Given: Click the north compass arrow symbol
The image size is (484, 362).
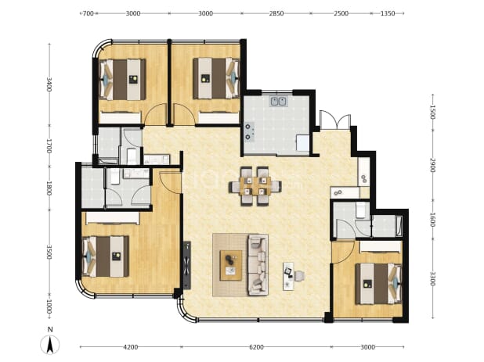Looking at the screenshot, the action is coord(50,344).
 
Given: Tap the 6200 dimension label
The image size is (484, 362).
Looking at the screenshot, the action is coord(256,347).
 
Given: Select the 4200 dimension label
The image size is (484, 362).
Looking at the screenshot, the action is coord(131,347).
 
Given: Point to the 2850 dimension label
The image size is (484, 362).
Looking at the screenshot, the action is coord(276,13).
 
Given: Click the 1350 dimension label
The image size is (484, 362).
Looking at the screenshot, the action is coord(388,13).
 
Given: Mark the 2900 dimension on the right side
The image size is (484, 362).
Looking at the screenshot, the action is coord(432,166).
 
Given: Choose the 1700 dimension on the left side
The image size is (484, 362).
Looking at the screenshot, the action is coord(49,146).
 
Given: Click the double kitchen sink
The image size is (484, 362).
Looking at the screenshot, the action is coord(278,101).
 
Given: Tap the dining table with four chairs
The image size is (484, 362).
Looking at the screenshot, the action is coord(255,186).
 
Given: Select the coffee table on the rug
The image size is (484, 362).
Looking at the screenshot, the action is coord(230,265).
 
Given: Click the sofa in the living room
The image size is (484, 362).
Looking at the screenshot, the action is coord(258,265).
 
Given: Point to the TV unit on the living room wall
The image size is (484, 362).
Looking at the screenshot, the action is coord(187,265).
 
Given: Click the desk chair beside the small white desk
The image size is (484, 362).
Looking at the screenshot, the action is coord(299,275).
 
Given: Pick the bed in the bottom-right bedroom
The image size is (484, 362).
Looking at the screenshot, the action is coord(378,284).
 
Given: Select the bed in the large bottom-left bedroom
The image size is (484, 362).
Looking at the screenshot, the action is coord(105,256).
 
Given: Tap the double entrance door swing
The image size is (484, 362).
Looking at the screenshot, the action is coord(335,120).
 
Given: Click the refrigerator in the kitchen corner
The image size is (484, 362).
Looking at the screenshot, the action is coord(302,143).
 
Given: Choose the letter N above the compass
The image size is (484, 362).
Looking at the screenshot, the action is coord(50,329).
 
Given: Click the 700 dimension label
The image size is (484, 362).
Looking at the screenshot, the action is coord(88,13).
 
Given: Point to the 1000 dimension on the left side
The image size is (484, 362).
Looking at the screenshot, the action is coord(49,306).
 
